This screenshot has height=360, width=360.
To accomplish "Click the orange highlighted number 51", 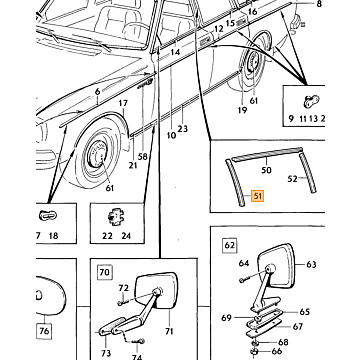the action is [x=257, y=196].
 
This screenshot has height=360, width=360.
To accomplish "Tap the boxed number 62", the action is [x=229, y=246].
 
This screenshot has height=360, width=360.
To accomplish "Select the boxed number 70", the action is [x=104, y=272].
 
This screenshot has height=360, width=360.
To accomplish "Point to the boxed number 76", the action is [x=44, y=331].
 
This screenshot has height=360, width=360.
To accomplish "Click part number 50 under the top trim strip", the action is [x=266, y=170].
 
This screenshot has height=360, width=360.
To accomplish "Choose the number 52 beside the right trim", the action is [x=292, y=179].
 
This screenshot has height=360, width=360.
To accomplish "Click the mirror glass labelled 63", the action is [x=276, y=265].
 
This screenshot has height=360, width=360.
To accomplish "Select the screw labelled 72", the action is [x=122, y=303].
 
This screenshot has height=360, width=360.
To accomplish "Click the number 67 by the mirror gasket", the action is [x=299, y=326].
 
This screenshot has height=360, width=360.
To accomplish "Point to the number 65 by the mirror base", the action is [x=304, y=312].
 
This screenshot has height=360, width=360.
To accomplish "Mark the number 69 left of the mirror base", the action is [x=226, y=318].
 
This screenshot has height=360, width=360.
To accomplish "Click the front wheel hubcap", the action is [x=98, y=154].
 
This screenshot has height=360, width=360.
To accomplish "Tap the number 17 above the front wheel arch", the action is [x=123, y=103].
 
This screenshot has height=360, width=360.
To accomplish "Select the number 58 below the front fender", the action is [x=143, y=156].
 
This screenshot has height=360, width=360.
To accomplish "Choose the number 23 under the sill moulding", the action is [x=183, y=128].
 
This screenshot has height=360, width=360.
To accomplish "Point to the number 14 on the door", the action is [x=175, y=52].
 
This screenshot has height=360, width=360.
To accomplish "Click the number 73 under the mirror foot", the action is [x=106, y=352].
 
